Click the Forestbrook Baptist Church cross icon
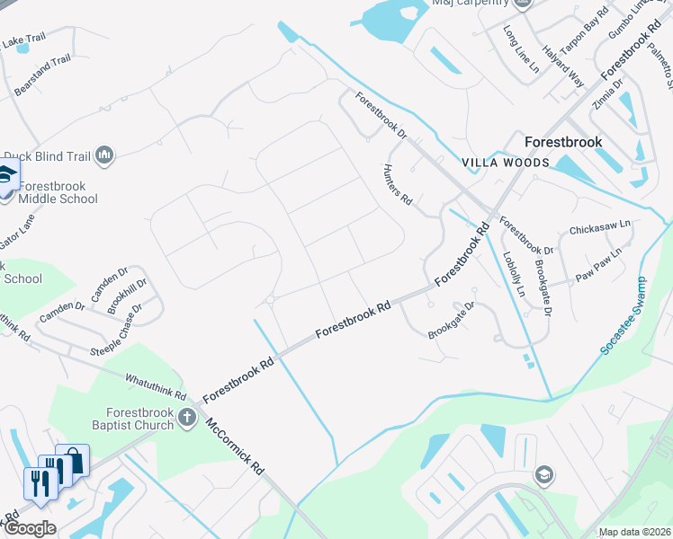(188, 416)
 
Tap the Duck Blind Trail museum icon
(105, 155)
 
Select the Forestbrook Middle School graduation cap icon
(7, 176)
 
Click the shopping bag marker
(74, 461)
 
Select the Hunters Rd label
(397, 186)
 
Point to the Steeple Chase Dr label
(115, 331)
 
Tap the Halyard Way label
(562, 66)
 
